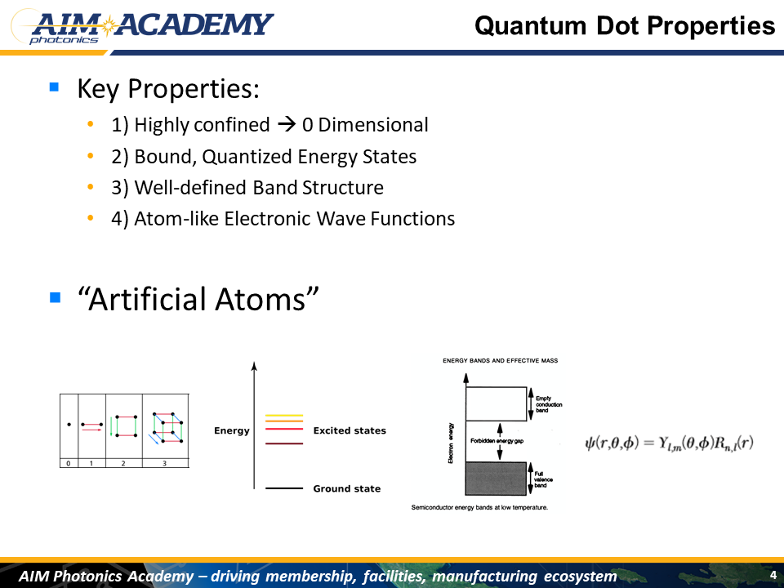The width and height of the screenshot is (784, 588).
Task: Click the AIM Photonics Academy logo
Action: pos(142,27)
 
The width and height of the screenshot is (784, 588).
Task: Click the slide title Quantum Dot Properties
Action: pos(625,25)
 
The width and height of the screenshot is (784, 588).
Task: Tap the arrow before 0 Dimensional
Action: pos(287,124)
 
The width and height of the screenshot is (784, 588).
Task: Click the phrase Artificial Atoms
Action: pos(198,299)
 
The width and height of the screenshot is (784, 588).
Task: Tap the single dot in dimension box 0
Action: pos(69,425)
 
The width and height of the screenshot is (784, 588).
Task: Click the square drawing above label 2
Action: pos(124,426)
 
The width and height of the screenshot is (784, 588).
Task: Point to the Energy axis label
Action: pos(231,430)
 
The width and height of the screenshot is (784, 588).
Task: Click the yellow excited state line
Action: pos(284,415)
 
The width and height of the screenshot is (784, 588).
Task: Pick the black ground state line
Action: pos(284,488)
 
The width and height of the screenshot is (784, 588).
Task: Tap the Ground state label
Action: pos(347,488)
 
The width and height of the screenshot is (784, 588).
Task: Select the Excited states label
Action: pos(350,430)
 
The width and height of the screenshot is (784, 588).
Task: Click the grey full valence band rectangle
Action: pos(496,479)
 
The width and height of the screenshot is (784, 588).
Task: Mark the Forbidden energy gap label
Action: pos(497,441)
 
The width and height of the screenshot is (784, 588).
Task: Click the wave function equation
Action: pos(669,443)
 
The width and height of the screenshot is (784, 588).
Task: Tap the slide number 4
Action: pos(773,575)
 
